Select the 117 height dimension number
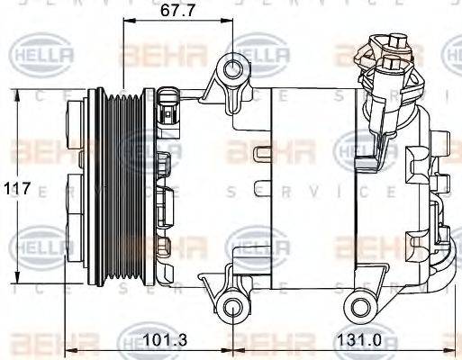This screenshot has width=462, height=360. pos(17,190)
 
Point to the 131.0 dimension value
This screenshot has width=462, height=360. pos(354,340)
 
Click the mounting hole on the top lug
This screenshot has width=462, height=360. pos(234,68)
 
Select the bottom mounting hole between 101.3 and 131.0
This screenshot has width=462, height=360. pos(233,309)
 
